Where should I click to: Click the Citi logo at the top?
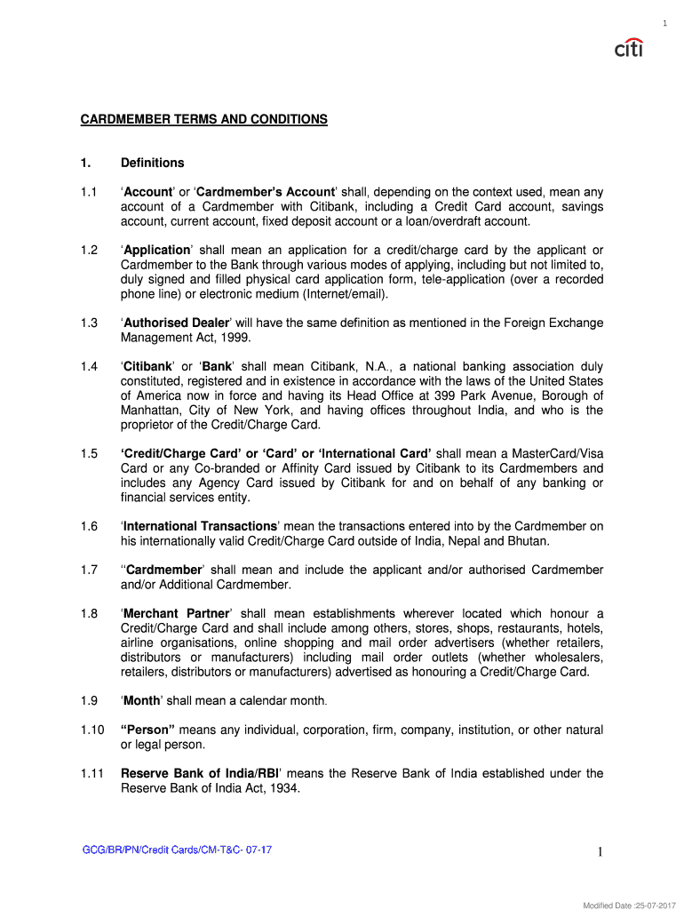pyautogui.click(x=629, y=47)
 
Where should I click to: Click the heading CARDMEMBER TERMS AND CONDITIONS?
pyautogui.click(x=204, y=119)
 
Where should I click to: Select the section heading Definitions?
pyautogui.click(x=153, y=163)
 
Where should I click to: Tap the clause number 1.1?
pyautogui.click(x=88, y=192)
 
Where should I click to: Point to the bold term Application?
pyautogui.click(x=157, y=251)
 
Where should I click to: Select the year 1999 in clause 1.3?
pyautogui.click(x=235, y=338)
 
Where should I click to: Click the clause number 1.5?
pyautogui.click(x=88, y=454)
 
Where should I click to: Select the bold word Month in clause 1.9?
pyautogui.click(x=142, y=701)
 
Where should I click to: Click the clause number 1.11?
pyautogui.click(x=91, y=774)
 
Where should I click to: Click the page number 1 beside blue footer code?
pyautogui.click(x=600, y=854)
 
